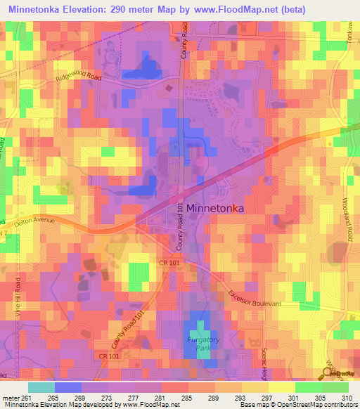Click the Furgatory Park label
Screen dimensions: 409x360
[x=202, y=343]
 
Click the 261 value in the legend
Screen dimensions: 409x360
[x=28, y=398]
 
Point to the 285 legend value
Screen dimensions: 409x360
[x=188, y=398]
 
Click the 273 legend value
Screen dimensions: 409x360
[x=108, y=398]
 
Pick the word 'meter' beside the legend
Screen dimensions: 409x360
[x=10, y=398]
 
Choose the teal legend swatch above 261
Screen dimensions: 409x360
[x=41, y=387]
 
